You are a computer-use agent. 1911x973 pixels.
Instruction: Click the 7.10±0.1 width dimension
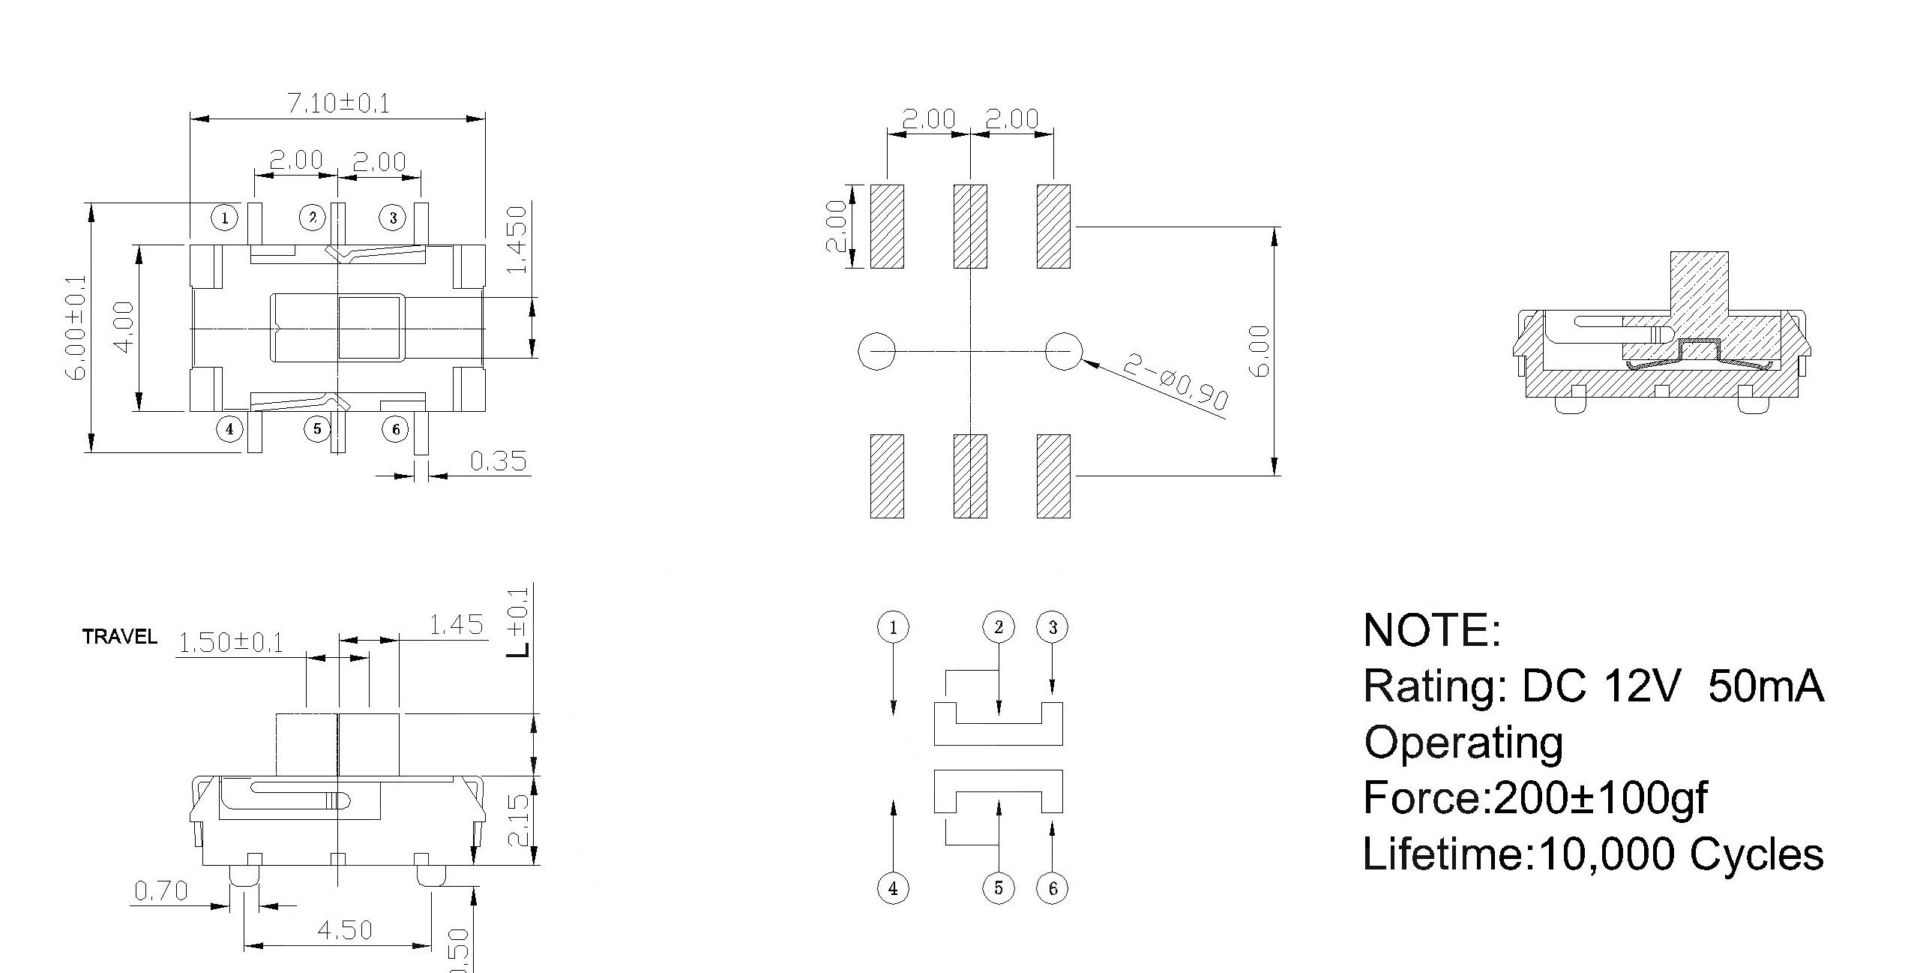(339, 103)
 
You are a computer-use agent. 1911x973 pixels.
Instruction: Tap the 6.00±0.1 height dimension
(78, 328)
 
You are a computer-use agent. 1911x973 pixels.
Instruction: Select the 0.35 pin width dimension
(499, 461)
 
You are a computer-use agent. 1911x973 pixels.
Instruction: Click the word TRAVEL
(120, 637)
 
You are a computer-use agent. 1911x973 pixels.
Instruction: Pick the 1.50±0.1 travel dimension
(231, 643)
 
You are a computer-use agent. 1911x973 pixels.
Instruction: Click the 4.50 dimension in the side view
(345, 930)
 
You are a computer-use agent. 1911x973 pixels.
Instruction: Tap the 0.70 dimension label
(160, 891)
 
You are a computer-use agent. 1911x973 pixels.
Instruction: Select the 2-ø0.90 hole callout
(1176, 383)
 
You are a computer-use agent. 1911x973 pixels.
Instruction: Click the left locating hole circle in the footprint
(876, 350)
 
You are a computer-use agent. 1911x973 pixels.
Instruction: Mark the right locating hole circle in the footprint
(1064, 350)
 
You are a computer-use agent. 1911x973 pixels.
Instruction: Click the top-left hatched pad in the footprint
(887, 227)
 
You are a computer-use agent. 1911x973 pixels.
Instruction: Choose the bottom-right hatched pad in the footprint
(1053, 476)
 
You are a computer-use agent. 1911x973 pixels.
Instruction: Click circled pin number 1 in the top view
(224, 218)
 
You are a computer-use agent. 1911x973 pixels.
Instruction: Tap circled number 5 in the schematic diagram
(998, 888)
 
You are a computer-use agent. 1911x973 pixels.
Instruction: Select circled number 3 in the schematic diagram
(1053, 627)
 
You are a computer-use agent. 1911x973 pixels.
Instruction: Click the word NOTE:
(1433, 630)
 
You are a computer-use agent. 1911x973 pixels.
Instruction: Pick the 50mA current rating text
(1766, 686)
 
